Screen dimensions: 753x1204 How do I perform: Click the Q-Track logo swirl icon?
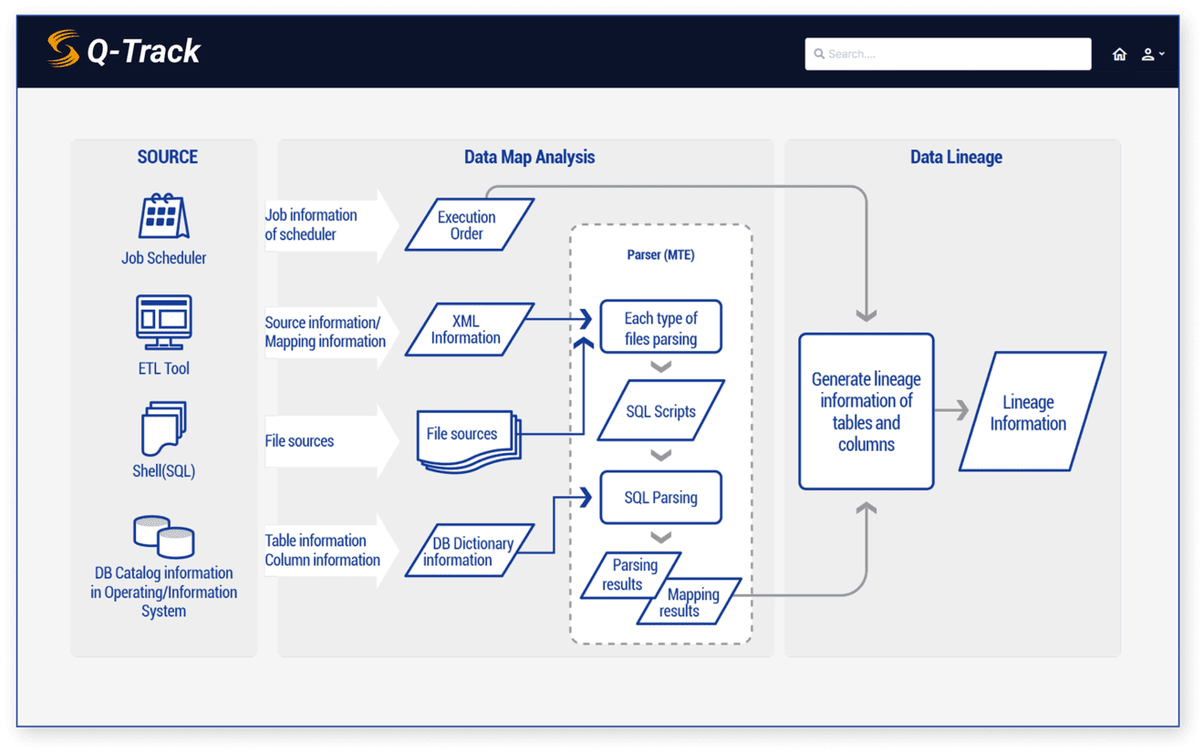click(63, 49)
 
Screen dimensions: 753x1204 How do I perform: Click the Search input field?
click(948, 54)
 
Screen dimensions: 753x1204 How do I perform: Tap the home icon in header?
click(1119, 55)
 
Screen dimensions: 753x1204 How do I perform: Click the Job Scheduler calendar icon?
click(163, 217)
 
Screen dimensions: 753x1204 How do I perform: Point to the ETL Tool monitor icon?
click(164, 322)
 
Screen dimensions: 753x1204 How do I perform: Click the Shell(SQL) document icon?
click(164, 428)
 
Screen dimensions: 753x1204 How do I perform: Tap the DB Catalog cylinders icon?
click(164, 536)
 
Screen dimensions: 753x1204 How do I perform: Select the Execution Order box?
click(468, 225)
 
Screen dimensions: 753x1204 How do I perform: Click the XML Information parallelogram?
click(467, 329)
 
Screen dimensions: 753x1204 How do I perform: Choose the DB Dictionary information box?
click(469, 551)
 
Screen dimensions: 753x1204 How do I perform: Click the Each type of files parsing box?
click(660, 328)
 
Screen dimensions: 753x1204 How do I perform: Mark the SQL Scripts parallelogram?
click(660, 411)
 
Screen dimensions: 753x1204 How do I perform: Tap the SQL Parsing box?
click(660, 498)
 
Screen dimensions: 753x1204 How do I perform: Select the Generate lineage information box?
click(866, 411)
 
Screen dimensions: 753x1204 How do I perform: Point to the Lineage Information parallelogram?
click(1031, 412)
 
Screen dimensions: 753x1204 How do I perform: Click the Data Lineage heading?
click(956, 157)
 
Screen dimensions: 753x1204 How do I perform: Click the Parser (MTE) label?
click(660, 254)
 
